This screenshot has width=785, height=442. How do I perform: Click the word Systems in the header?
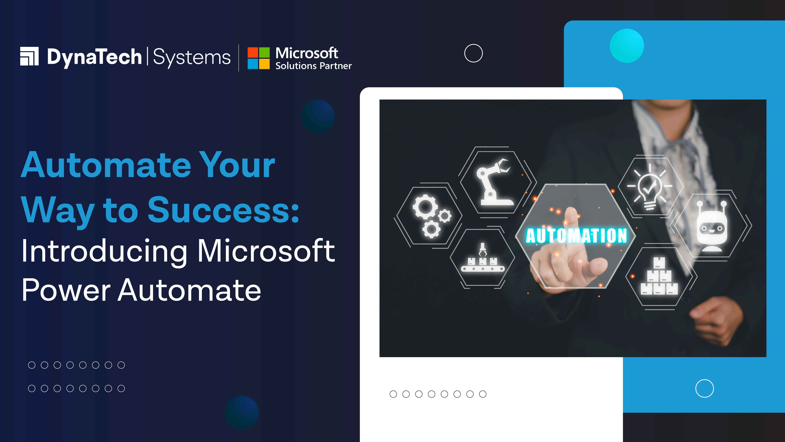(192, 57)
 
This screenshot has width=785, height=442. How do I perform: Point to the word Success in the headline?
(223, 210)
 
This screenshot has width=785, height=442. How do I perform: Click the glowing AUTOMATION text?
(576, 236)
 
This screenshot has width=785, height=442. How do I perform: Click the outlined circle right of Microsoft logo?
(473, 53)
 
